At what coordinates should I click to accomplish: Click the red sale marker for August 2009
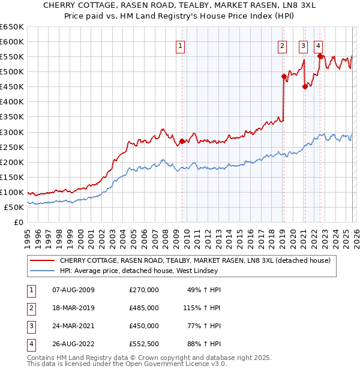coord(182,141)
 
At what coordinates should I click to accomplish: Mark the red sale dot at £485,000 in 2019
coord(284,76)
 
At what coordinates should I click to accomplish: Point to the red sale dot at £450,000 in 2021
coord(305,86)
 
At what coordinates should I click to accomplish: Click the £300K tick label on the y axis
coord(12,132)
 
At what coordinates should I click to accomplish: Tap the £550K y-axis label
coord(12,56)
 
